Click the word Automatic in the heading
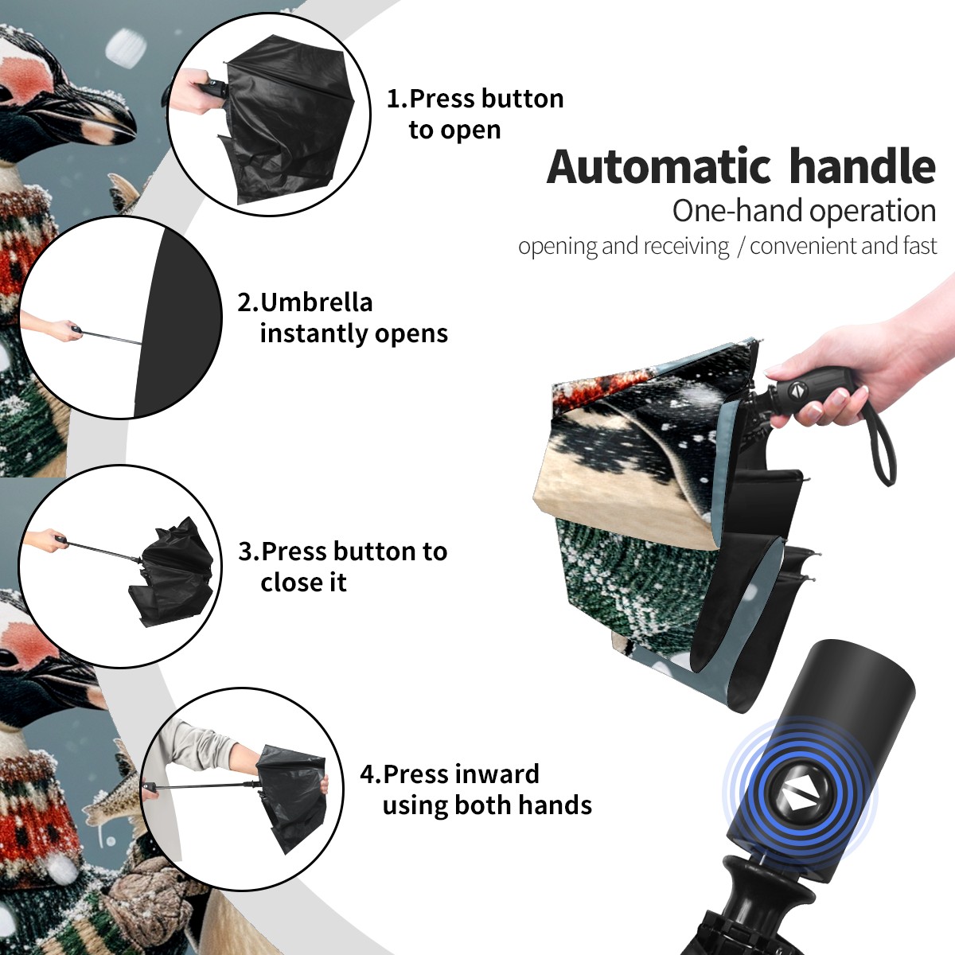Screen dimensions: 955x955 [x=659, y=167]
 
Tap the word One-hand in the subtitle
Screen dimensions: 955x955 [x=738, y=211]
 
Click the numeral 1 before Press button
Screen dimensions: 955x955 [x=393, y=99]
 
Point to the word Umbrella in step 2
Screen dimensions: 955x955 [x=316, y=302]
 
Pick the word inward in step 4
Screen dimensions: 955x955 [x=497, y=774]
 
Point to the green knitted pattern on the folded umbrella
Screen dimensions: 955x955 [x=630, y=585]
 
